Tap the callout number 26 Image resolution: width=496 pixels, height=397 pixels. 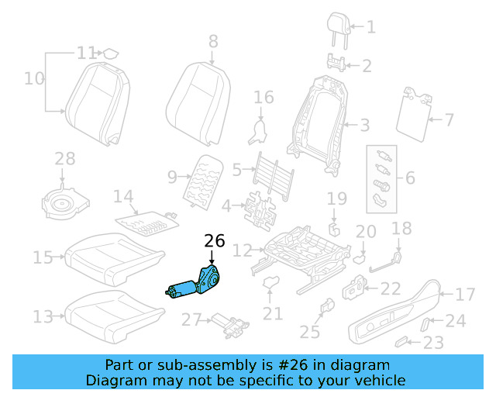click(214, 241)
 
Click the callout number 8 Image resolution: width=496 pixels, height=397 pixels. click(213, 40)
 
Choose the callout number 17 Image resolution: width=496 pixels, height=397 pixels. click(463, 295)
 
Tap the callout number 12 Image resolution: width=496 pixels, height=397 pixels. click(243, 250)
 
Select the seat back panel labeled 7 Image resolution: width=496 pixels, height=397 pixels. click(412, 114)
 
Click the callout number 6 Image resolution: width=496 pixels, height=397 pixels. click(410, 178)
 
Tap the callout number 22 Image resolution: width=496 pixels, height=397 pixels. click(391, 289)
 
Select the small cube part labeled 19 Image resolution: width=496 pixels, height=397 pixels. click(335, 230)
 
